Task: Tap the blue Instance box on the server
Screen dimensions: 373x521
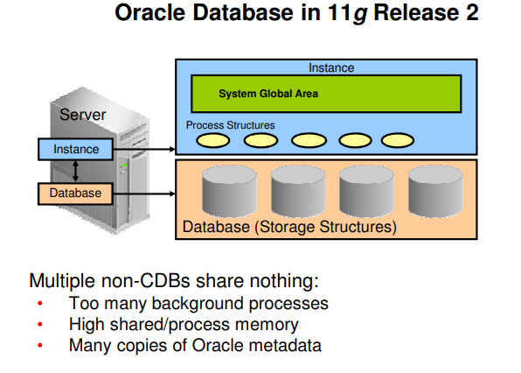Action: pyautogui.click(x=76, y=150)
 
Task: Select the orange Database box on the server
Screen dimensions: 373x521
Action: pyautogui.click(x=76, y=193)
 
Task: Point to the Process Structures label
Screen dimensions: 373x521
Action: pyautogui.click(x=230, y=125)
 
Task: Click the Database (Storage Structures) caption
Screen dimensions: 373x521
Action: pyautogui.click(x=288, y=228)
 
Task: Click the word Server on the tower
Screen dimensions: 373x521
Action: pyautogui.click(x=82, y=115)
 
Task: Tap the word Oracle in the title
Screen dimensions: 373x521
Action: pyautogui.click(x=153, y=17)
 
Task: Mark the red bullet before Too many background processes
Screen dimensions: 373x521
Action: pyautogui.click(x=39, y=305)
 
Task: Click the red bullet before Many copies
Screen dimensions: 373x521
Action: pyautogui.click(x=39, y=346)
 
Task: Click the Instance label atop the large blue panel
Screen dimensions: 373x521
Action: pyautogui.click(x=331, y=67)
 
